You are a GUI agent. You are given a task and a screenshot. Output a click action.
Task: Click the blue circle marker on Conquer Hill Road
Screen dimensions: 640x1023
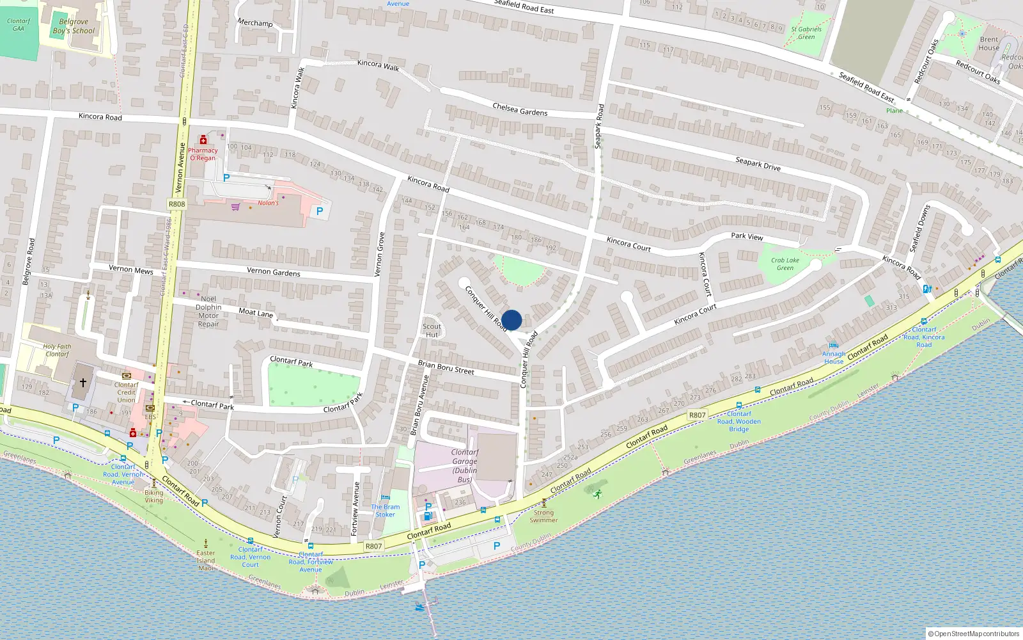[511, 320]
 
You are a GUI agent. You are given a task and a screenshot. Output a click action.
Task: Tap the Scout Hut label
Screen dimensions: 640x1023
[432, 330]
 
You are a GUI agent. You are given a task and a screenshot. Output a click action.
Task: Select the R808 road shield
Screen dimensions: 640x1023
[176, 204]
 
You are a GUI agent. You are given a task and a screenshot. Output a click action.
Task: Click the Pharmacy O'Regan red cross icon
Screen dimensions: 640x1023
[203, 140]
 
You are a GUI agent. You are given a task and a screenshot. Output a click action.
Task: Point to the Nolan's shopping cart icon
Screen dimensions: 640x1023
[235, 207]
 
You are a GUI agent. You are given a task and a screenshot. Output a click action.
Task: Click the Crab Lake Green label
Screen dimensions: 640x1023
[785, 264]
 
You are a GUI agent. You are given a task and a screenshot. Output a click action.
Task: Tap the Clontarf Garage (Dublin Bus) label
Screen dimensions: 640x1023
[465, 465]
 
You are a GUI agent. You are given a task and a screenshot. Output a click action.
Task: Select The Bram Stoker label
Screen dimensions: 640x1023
[386, 510]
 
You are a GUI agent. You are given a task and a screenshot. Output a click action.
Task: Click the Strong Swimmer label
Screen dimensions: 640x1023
[543, 516]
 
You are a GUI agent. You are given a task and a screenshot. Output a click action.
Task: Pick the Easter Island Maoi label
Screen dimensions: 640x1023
[206, 560]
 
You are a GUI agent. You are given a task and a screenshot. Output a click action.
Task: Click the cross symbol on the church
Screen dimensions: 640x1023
[82, 383]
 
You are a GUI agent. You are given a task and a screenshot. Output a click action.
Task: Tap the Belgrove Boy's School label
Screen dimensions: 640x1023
[74, 26]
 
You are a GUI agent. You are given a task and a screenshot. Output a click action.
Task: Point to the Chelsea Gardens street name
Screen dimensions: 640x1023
[520, 109]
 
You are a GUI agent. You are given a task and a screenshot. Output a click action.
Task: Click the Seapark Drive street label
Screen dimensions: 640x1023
[758, 164]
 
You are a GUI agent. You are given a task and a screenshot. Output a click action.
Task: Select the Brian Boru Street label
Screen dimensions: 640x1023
[446, 367]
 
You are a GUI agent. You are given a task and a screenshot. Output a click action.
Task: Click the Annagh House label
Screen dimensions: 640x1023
[833, 357]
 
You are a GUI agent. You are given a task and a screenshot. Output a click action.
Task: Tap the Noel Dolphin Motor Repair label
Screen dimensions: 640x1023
[208, 311]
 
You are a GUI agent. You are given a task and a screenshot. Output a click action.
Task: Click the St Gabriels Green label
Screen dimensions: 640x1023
[806, 33]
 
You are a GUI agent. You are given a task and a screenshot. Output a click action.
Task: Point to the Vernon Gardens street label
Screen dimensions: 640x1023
[273, 272]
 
